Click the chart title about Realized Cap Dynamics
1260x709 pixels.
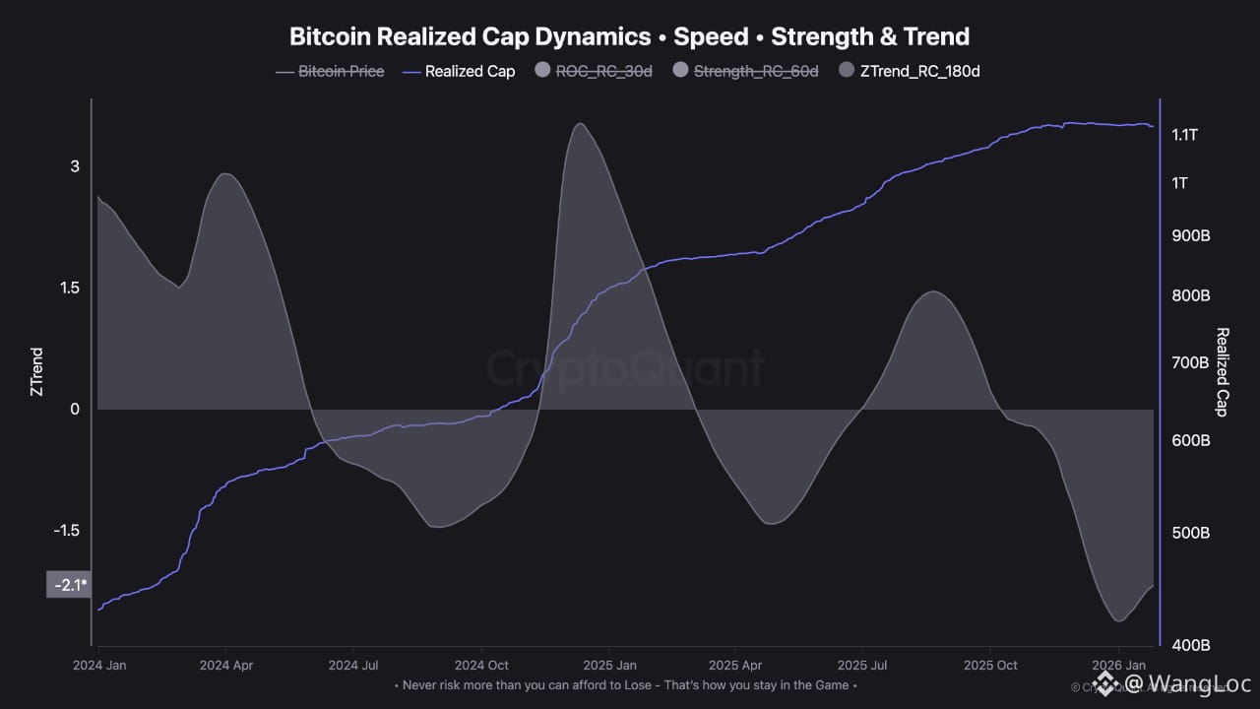(x=629, y=36)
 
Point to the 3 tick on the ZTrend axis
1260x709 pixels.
(x=75, y=166)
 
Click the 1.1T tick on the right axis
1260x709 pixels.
(x=1185, y=135)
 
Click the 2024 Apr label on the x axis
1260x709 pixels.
(x=225, y=665)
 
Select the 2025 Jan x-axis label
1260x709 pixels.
(x=608, y=665)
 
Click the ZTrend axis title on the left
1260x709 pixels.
(x=36, y=371)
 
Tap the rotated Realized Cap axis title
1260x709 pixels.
(x=1223, y=371)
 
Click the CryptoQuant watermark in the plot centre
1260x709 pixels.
(x=626, y=368)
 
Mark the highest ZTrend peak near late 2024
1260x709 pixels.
(x=581, y=124)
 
